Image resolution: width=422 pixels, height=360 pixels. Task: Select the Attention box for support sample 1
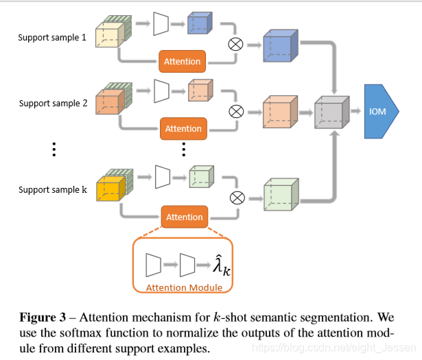pyautogui.click(x=183, y=61)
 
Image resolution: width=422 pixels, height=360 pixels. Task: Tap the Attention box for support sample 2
pyautogui.click(x=183, y=128)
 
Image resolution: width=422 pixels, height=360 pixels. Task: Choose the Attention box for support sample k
pyautogui.click(x=185, y=217)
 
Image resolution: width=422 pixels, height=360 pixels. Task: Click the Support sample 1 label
pyautogui.click(x=52, y=37)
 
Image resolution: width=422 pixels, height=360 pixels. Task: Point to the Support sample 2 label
pyautogui.click(x=53, y=104)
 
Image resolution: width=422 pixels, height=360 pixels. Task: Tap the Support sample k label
pyautogui.click(x=53, y=189)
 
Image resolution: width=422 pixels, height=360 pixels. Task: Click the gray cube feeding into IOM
pyautogui.click(x=332, y=112)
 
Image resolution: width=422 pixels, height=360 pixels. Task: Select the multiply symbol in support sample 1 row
pyautogui.click(x=235, y=44)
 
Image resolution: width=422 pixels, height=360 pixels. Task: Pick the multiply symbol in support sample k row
pyautogui.click(x=237, y=198)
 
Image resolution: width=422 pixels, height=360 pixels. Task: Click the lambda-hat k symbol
pyautogui.click(x=222, y=265)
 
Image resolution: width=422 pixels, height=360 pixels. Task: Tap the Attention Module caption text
pyautogui.click(x=184, y=287)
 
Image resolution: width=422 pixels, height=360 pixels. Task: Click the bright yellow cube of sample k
pyautogui.click(x=110, y=189)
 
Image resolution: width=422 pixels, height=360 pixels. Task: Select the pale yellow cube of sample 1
pyautogui.click(x=110, y=35)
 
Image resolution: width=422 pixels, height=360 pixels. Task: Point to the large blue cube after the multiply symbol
pyautogui.click(x=281, y=46)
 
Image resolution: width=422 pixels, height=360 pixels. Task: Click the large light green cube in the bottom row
pyautogui.click(x=281, y=194)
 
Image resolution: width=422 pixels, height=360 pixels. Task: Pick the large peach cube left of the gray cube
pyautogui.click(x=280, y=112)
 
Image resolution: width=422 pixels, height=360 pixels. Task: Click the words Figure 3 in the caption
pyautogui.click(x=43, y=317)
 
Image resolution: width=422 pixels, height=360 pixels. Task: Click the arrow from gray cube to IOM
pyautogui.click(x=355, y=111)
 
